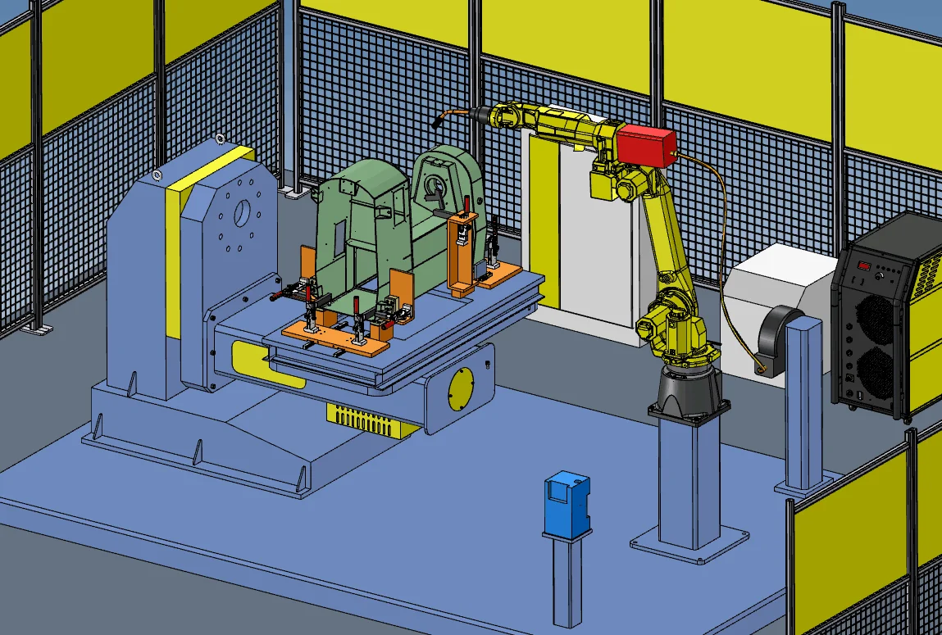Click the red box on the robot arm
coord(646,145)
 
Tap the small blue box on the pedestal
coord(567,501)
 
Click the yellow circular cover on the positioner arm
coord(462,388)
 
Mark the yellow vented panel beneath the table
coord(366,418)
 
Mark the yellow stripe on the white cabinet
coord(543,221)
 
